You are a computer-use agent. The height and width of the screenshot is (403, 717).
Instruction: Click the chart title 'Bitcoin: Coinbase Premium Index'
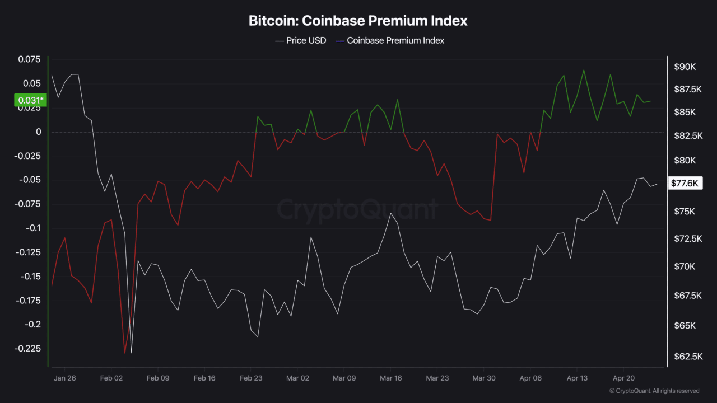point(358,21)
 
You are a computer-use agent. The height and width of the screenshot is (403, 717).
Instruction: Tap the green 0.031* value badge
point(30,100)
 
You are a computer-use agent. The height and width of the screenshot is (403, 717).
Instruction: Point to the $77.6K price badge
point(685,183)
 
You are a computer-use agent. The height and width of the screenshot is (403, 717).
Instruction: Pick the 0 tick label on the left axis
point(39,132)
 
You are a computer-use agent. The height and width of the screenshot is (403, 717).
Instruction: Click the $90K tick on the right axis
point(685,67)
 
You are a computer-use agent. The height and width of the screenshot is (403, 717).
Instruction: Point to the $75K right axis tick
point(685,212)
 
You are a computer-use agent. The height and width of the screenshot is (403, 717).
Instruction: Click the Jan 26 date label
point(64,378)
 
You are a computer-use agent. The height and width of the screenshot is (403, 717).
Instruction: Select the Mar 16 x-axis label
point(390,378)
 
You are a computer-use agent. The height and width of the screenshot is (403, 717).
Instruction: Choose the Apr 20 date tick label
point(623,378)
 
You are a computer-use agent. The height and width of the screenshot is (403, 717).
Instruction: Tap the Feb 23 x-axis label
point(251,378)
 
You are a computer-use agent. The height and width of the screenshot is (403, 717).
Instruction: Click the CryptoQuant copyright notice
point(654,391)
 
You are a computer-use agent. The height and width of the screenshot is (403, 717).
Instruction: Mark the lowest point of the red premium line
point(124,353)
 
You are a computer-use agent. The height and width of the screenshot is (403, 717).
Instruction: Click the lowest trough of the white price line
point(132,353)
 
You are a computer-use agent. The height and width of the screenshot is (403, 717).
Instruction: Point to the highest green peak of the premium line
point(584,70)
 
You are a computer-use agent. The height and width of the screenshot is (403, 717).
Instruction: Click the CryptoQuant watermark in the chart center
point(358,209)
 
